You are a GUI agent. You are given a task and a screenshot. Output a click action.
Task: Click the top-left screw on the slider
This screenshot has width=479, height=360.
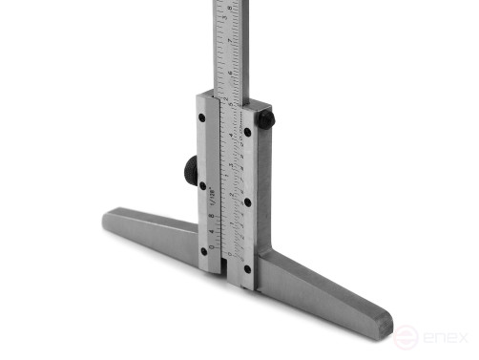202,117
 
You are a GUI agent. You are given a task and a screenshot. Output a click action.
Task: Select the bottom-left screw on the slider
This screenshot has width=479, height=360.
203,252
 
